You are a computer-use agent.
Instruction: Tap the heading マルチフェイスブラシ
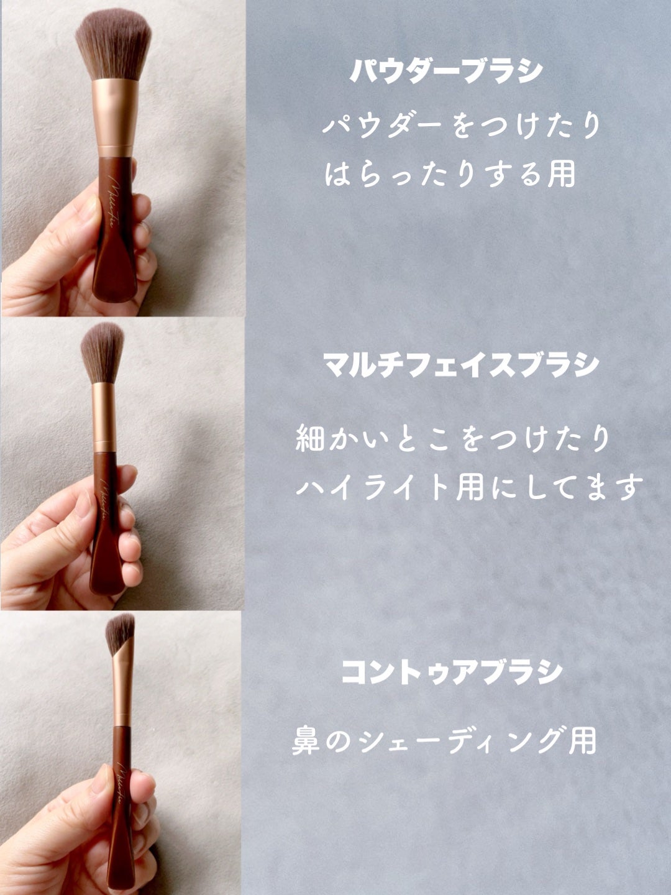461,364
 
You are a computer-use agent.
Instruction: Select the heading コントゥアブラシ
452,671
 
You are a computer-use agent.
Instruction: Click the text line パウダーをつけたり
462,125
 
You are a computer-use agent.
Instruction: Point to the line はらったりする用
450,174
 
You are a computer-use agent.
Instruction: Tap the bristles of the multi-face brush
103,352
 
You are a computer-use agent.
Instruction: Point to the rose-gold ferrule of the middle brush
102,416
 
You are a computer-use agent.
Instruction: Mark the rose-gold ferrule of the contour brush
122,685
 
